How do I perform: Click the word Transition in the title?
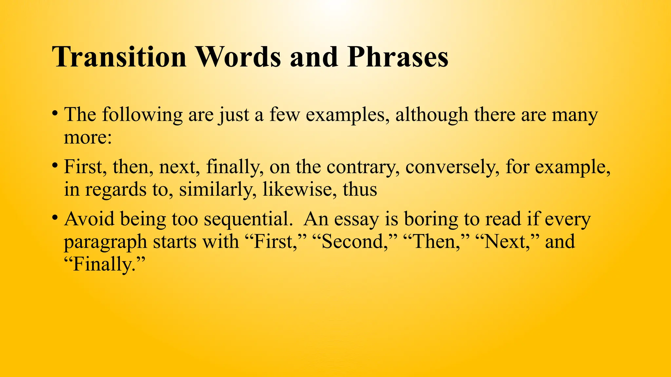click(119, 57)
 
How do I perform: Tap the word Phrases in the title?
click(398, 57)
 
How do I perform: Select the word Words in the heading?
click(238, 57)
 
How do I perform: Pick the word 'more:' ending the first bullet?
click(88, 137)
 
